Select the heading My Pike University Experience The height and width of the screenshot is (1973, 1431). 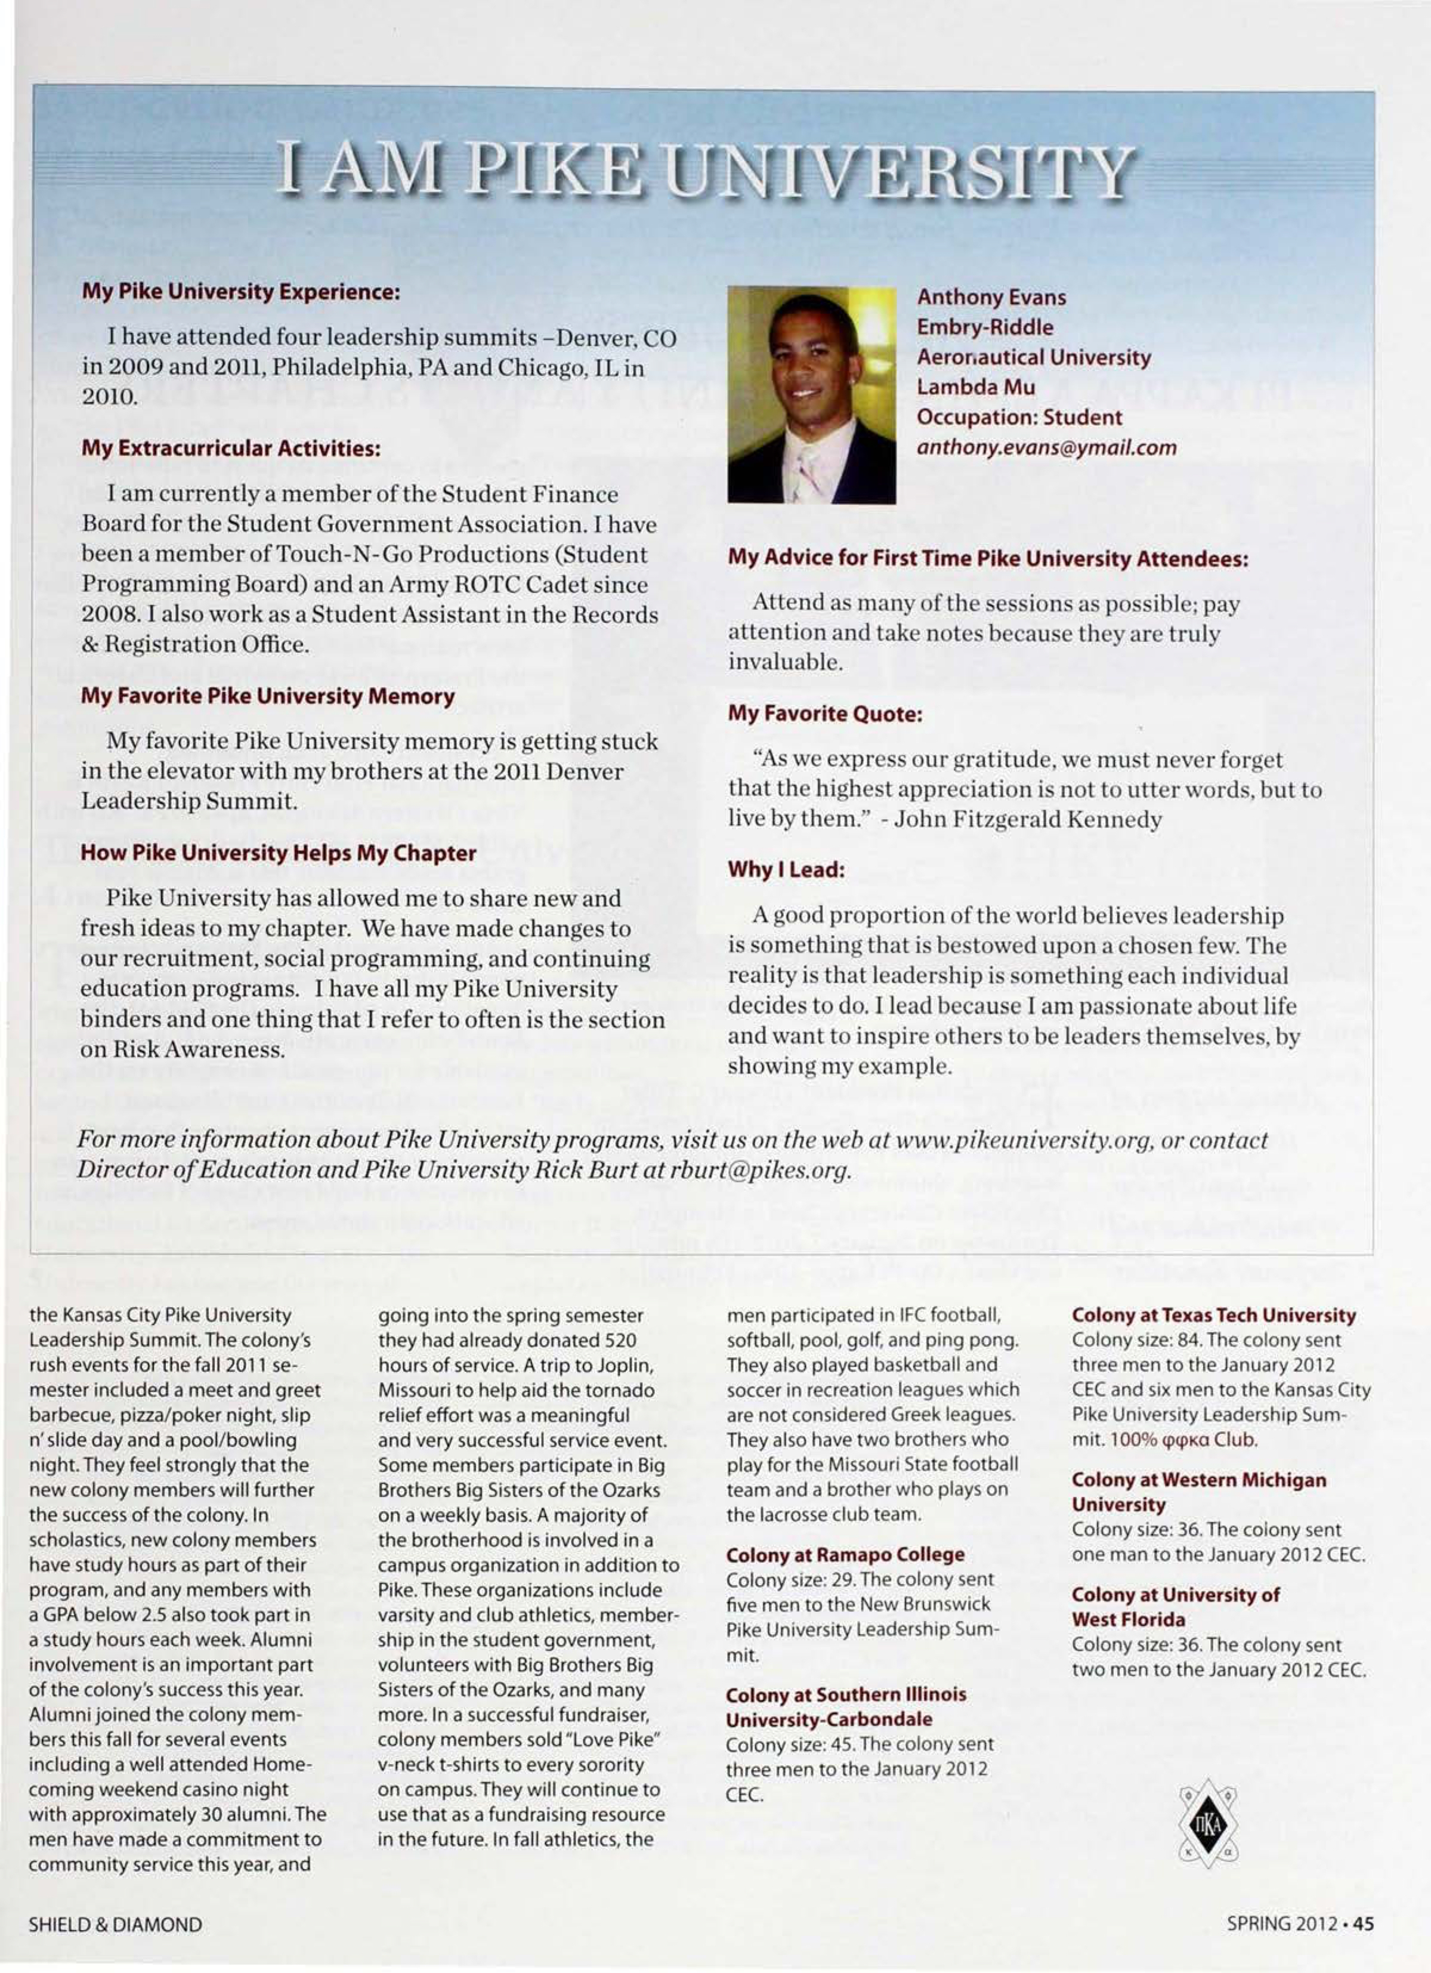coord(240,291)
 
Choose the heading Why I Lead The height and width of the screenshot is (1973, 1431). coord(786,869)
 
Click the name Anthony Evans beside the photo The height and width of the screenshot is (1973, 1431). coord(991,297)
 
